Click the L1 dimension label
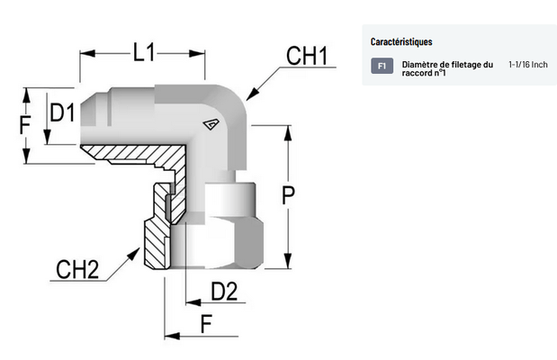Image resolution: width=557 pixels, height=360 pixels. point(144,52)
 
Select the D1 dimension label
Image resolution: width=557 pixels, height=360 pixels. point(62,113)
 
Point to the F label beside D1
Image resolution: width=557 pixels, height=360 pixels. point(26,123)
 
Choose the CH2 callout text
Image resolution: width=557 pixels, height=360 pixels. point(76,268)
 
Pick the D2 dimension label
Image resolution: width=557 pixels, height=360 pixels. point(223,291)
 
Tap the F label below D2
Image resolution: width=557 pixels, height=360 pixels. point(207,323)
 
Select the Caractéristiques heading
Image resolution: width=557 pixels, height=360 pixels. point(401,42)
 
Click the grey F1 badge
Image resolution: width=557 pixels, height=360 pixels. point(382,66)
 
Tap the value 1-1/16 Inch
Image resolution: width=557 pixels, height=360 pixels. point(527,64)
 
